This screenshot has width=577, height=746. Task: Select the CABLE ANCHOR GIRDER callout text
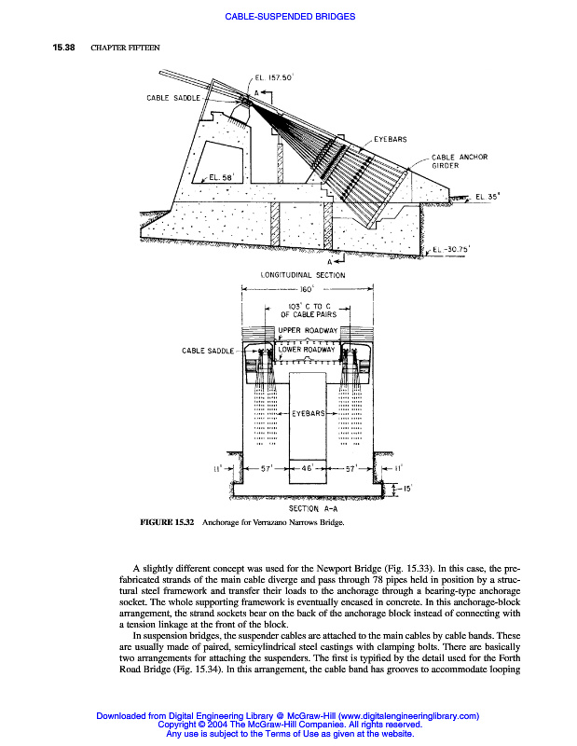click(459, 161)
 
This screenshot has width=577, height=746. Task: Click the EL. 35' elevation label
click(488, 196)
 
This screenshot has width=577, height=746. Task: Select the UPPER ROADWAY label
click(308, 332)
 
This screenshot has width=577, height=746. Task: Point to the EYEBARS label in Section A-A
click(307, 412)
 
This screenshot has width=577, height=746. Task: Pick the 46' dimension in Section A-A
click(307, 470)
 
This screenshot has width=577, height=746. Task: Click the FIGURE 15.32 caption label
click(166, 523)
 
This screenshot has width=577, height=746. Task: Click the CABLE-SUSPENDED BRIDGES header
click(290, 17)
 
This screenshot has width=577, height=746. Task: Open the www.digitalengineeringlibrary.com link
click(403, 716)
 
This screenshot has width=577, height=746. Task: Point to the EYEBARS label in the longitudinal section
click(390, 139)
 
